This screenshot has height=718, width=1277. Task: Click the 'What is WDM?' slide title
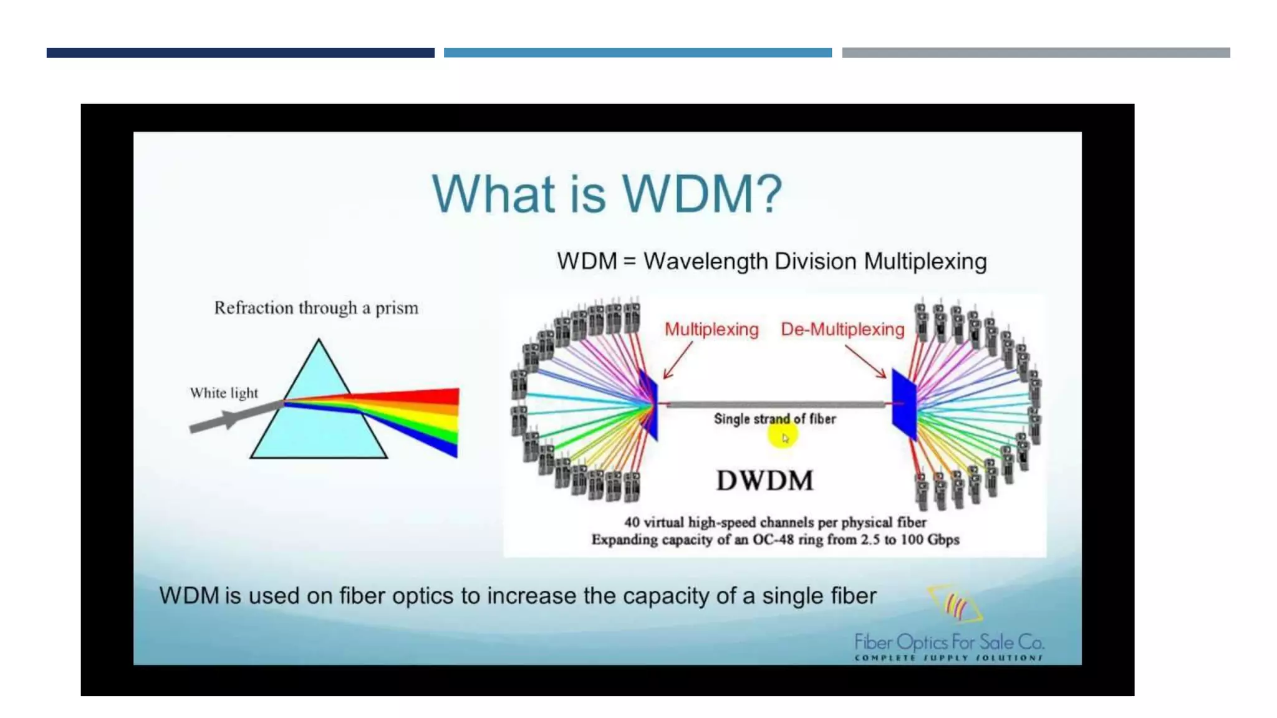click(607, 194)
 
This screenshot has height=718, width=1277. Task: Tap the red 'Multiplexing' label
click(711, 329)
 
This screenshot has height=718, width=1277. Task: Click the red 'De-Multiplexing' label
click(842, 329)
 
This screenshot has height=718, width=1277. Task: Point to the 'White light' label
click(224, 393)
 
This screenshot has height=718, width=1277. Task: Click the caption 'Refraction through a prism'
click(316, 308)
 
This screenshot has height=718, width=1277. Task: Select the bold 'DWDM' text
click(764, 481)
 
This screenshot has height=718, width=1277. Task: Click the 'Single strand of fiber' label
click(774, 419)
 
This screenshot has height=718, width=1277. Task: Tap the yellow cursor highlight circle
click(783, 437)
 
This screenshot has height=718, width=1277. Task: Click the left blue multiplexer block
click(649, 404)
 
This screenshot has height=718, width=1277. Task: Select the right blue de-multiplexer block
click(904, 404)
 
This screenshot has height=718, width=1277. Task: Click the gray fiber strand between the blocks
click(776, 404)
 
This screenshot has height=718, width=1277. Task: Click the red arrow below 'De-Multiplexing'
click(866, 362)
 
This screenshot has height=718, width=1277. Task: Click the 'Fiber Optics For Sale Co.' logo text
click(948, 642)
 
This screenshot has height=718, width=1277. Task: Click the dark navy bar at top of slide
click(240, 53)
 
